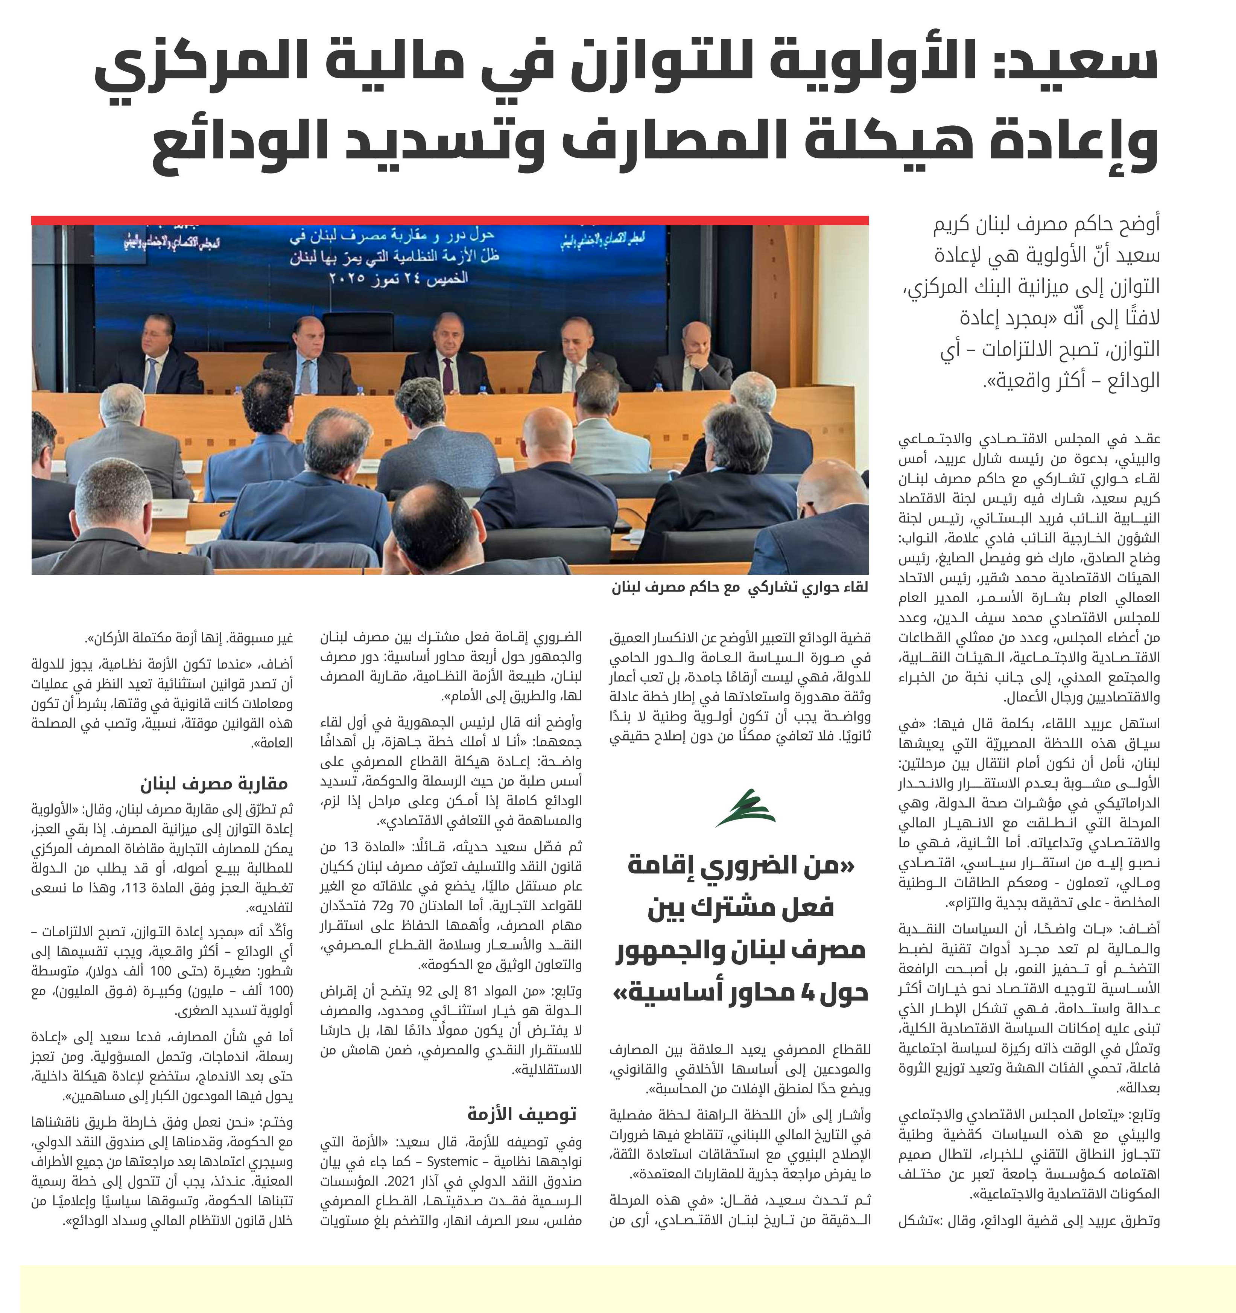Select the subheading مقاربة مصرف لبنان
click(214, 784)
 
